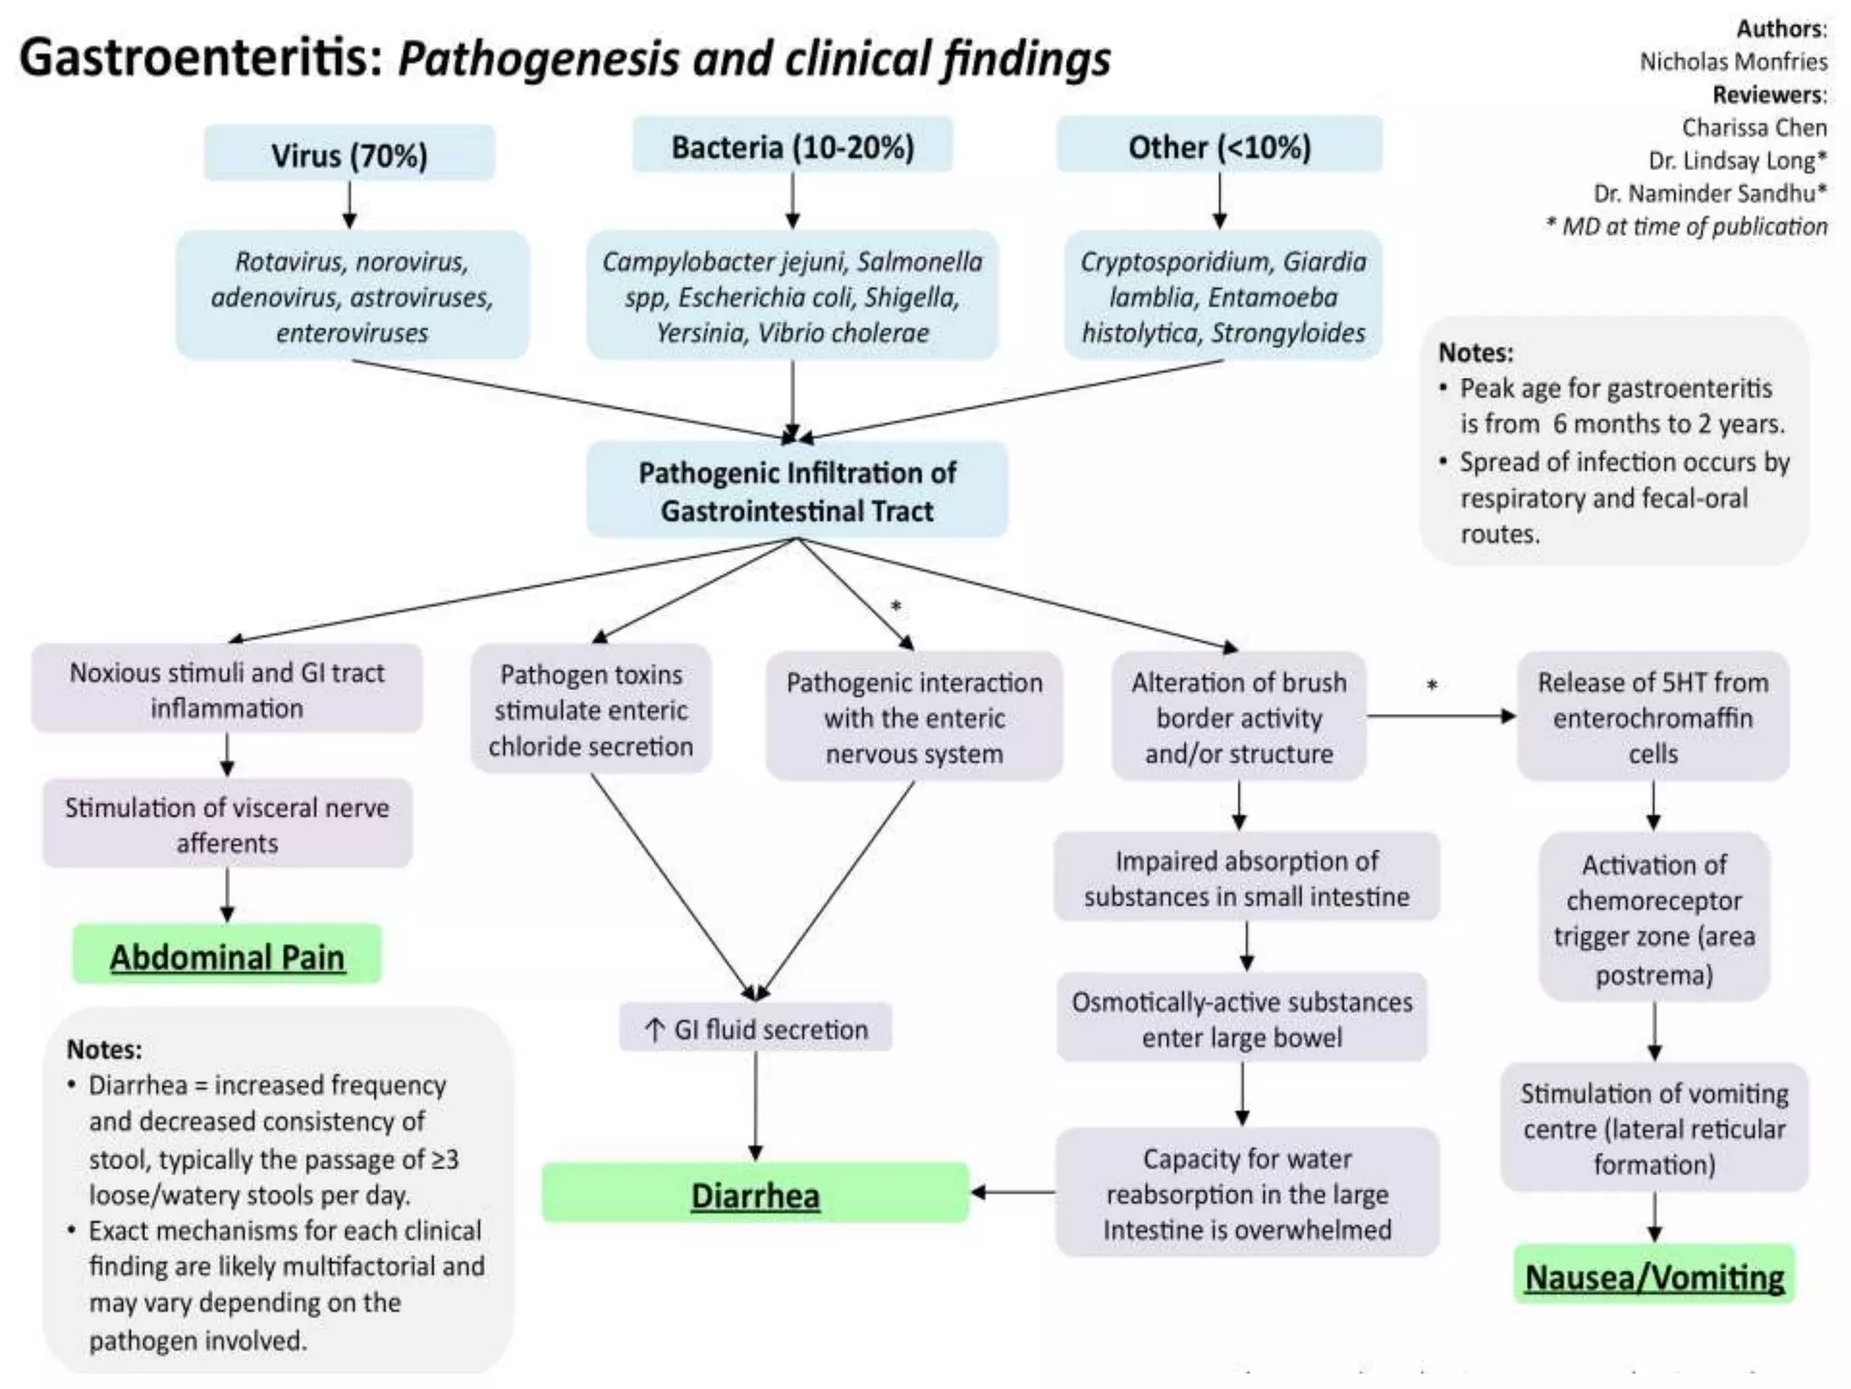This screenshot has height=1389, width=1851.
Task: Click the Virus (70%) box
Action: pyautogui.click(x=349, y=155)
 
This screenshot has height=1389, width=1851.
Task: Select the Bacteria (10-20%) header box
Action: pyautogui.click(x=792, y=146)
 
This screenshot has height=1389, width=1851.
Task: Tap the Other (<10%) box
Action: pyautogui.click(x=1218, y=146)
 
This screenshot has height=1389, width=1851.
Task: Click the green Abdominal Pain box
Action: pyautogui.click(x=227, y=956)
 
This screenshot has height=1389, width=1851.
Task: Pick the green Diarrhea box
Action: pyautogui.click(x=755, y=1195)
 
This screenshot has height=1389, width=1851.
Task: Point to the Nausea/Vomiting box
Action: pyautogui.click(x=1654, y=1276)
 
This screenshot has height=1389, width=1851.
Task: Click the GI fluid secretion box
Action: pyautogui.click(x=755, y=1028)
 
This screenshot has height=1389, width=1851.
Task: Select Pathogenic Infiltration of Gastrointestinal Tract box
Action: pyautogui.click(x=796, y=491)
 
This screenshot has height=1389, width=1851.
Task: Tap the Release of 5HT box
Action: pyautogui.click(x=1652, y=716)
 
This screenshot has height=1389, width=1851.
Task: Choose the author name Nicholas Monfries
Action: pyautogui.click(x=1733, y=61)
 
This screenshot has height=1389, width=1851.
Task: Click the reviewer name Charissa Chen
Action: pyautogui.click(x=1753, y=128)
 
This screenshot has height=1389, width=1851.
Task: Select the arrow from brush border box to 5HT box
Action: pyautogui.click(x=1441, y=716)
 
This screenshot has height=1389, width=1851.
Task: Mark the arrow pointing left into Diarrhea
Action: pyautogui.click(x=1012, y=1193)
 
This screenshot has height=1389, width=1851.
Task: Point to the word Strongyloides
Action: pyautogui.click(x=1287, y=333)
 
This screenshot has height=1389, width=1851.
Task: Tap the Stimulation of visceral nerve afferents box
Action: pyautogui.click(x=227, y=824)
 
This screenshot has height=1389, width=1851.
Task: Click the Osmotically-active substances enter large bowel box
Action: pyautogui.click(x=1242, y=1018)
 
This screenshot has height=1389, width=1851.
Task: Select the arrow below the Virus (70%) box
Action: pyautogui.click(x=350, y=204)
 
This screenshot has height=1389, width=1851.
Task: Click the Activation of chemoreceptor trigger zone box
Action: pyautogui.click(x=1653, y=918)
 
